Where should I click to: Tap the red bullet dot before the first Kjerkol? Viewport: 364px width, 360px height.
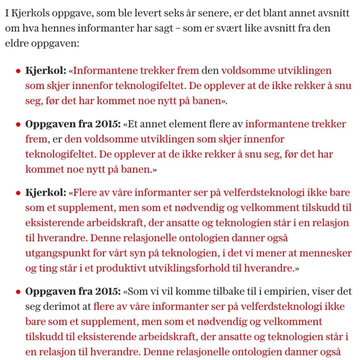(x=18, y=70)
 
